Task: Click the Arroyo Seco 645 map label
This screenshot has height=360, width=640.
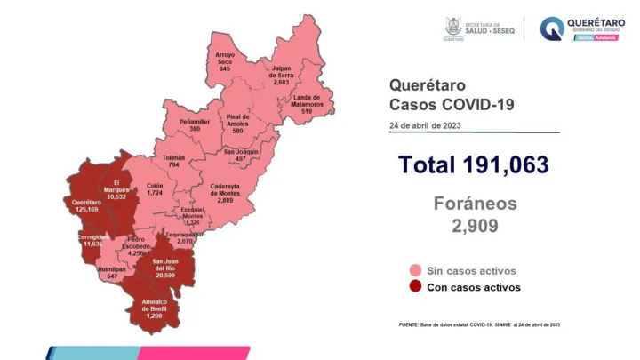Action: tap(224, 62)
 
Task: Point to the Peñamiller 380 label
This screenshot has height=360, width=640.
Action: tap(194, 124)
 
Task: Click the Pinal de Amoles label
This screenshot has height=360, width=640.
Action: tap(237, 124)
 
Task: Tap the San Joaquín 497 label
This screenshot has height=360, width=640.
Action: tap(241, 156)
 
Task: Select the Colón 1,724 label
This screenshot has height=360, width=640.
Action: tap(155, 189)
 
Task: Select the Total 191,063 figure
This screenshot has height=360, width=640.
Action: tap(474, 165)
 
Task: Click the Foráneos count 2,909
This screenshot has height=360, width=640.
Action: tap(474, 227)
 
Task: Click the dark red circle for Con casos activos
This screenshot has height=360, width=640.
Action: tap(415, 287)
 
